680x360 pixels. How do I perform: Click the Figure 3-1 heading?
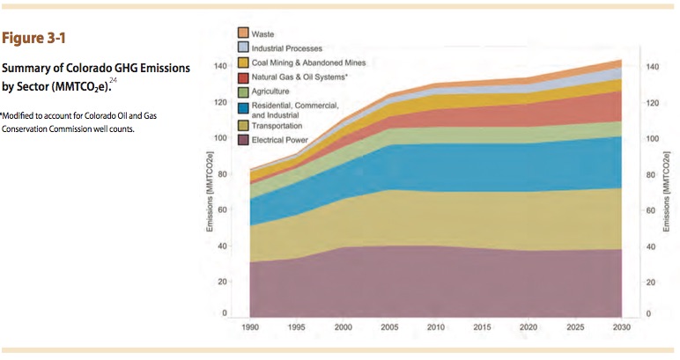(34, 39)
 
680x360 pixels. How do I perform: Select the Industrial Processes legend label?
(287, 48)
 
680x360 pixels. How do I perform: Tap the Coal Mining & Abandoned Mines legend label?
(308, 62)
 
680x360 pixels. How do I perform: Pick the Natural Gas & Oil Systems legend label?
(300, 77)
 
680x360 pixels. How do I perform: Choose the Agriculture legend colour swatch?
(244, 92)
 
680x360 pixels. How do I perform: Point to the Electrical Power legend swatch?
(244, 140)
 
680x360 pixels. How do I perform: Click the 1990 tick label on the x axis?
(251, 327)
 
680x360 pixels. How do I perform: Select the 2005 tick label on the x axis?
(389, 327)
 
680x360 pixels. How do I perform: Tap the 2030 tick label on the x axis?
(622, 327)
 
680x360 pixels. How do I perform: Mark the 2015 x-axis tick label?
(483, 327)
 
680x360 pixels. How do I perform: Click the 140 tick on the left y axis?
(221, 67)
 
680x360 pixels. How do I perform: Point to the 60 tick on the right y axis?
(652, 210)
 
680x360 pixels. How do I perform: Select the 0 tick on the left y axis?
(225, 313)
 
